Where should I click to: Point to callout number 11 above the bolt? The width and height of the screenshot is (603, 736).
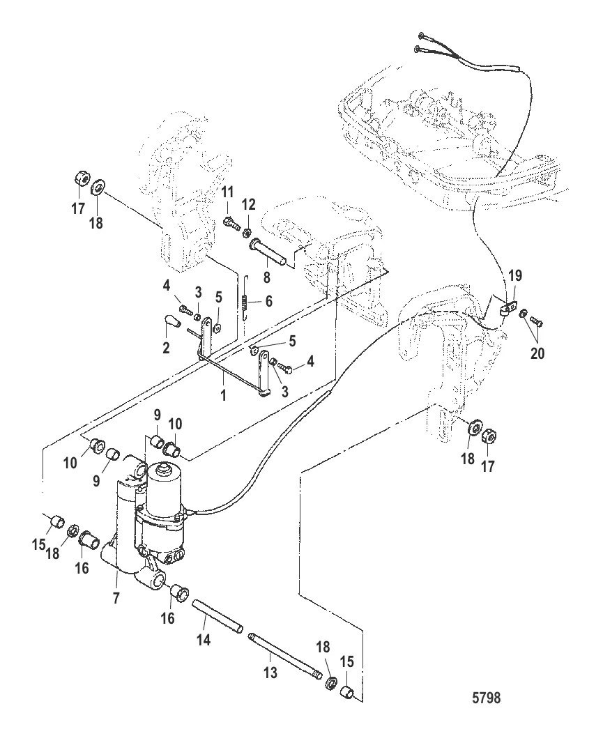[229, 192]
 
